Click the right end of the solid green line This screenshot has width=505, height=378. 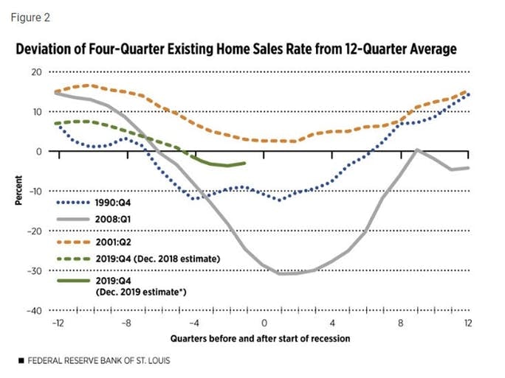(244, 164)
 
